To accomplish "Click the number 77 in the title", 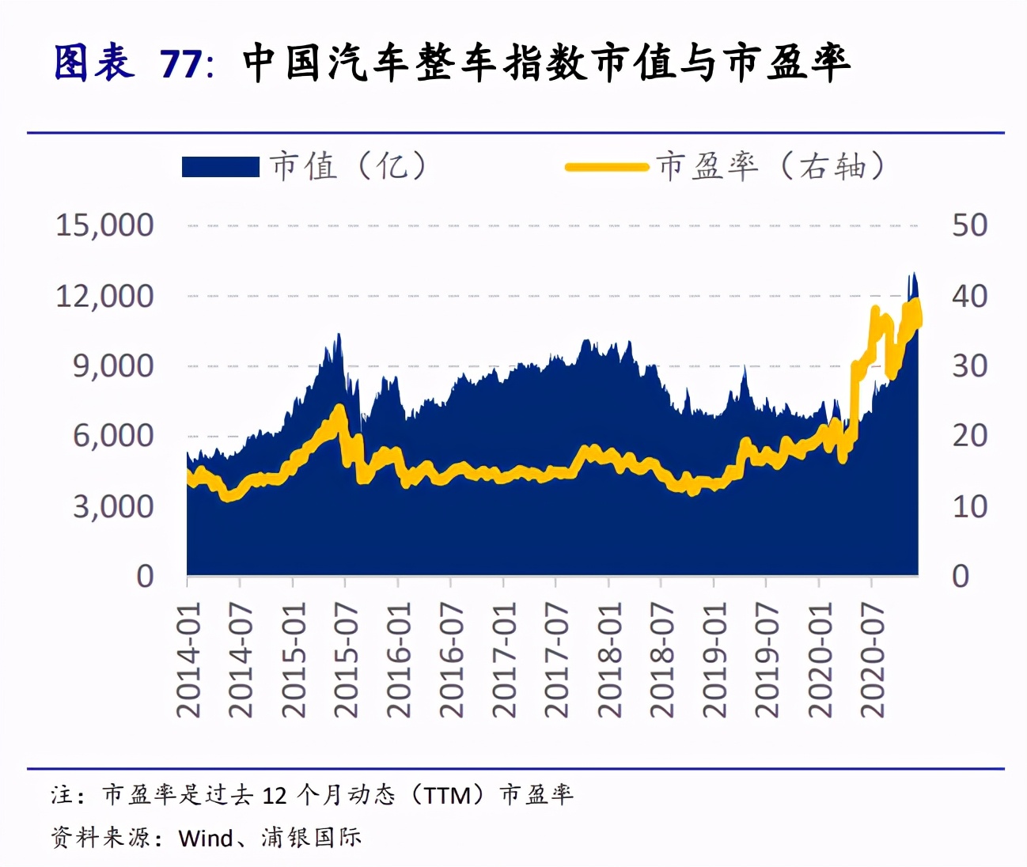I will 181,63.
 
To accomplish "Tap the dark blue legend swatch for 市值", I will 220,167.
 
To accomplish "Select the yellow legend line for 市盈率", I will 607,167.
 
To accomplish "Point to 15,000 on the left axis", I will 104,225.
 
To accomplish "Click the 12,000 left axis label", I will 104,296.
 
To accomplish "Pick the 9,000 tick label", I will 113,366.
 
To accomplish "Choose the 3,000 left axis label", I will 113,506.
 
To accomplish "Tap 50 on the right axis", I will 969,225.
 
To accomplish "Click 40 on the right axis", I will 969,296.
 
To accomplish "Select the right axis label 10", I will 969,506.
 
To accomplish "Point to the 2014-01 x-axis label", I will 188,660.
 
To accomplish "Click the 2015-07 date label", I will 346,660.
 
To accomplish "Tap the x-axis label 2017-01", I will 504,660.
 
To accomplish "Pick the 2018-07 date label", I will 661,660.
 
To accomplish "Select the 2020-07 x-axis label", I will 872,660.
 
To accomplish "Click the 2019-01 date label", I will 714,660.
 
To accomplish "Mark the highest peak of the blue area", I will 913,274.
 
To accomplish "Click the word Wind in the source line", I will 206,838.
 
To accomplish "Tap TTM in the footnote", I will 447,795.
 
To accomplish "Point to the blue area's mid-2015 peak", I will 339,335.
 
